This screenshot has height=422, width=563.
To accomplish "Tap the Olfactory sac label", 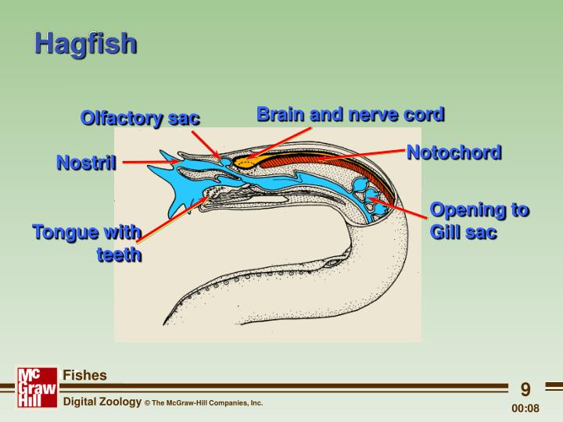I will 140,118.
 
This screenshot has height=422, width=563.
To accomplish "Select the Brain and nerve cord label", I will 350,114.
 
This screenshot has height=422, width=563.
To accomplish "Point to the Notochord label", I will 454,152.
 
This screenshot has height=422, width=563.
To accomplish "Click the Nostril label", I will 86,163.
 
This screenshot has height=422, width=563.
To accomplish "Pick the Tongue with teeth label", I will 88,243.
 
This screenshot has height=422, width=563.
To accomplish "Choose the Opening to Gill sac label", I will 479,221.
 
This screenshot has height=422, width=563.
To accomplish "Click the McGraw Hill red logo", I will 37,387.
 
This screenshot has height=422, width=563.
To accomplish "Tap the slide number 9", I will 525,389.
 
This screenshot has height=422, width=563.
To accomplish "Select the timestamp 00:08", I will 525,408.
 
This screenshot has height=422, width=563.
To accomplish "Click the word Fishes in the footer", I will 84,375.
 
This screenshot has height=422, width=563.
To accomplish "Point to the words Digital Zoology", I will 101,402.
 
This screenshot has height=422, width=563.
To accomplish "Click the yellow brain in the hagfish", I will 248,163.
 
